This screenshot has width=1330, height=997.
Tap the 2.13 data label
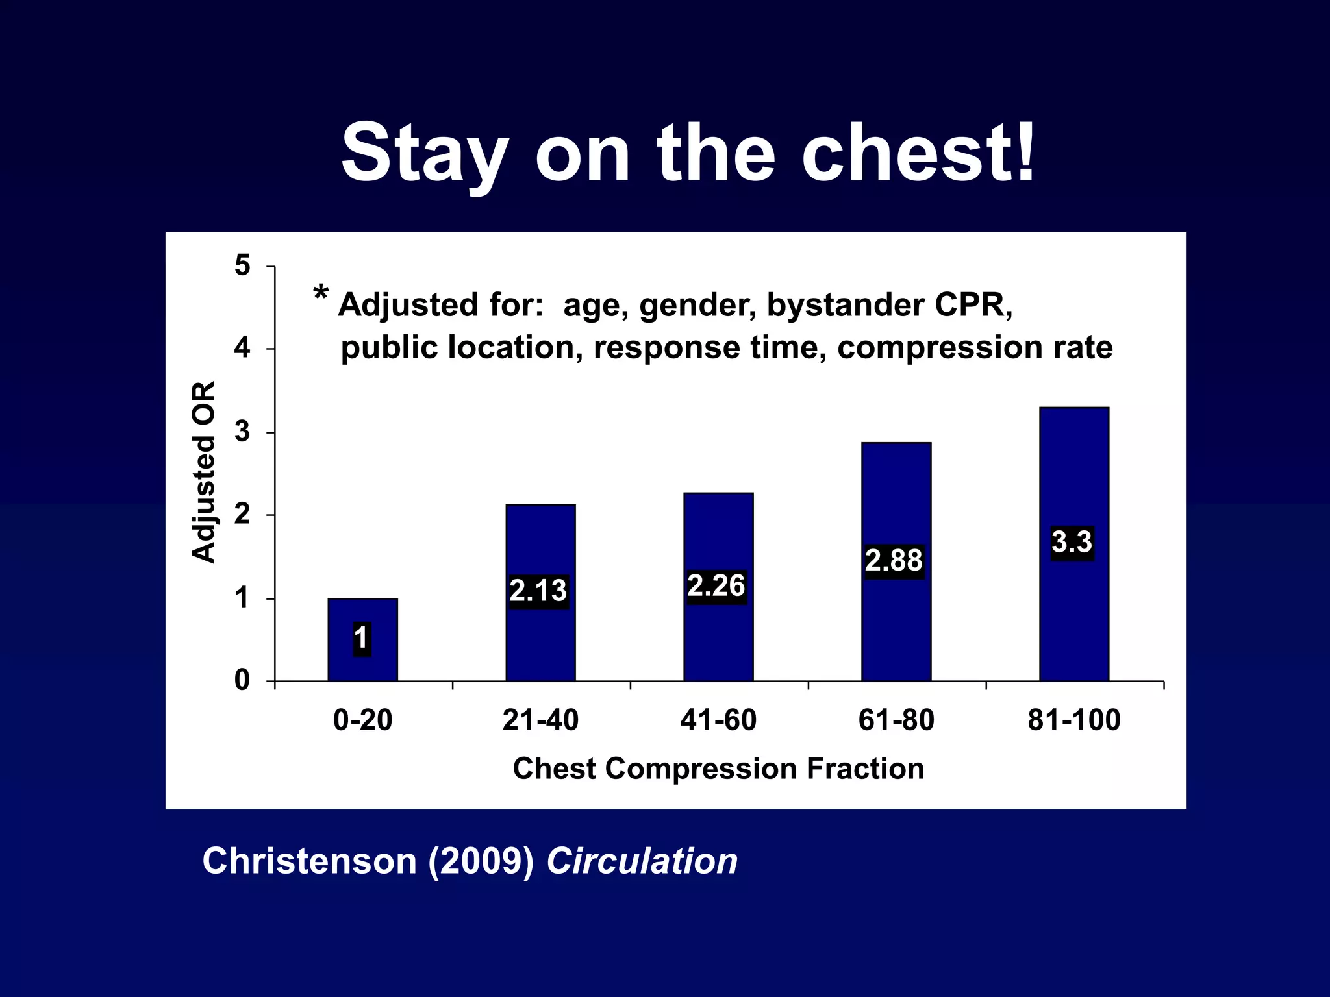tap(538, 591)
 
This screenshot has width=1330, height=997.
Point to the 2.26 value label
tap(716, 586)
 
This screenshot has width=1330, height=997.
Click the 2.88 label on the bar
tap(894, 561)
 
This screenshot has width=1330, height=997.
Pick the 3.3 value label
tap(1072, 543)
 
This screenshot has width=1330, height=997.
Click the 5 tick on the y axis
tap(242, 265)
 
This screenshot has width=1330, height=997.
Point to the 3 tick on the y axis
tap(242, 432)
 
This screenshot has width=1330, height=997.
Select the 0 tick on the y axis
tap(242, 681)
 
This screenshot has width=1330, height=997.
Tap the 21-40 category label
tap(540, 720)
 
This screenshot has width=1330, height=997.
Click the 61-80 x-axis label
tap(896, 720)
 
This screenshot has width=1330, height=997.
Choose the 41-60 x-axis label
tap(718, 720)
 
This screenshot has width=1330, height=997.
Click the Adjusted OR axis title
tap(204, 472)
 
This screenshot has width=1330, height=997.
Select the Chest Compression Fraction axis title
tap(718, 769)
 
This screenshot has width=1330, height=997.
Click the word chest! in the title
tap(918, 154)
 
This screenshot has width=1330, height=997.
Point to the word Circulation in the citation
tap(642, 862)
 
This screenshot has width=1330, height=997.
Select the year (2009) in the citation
tap(481, 862)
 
